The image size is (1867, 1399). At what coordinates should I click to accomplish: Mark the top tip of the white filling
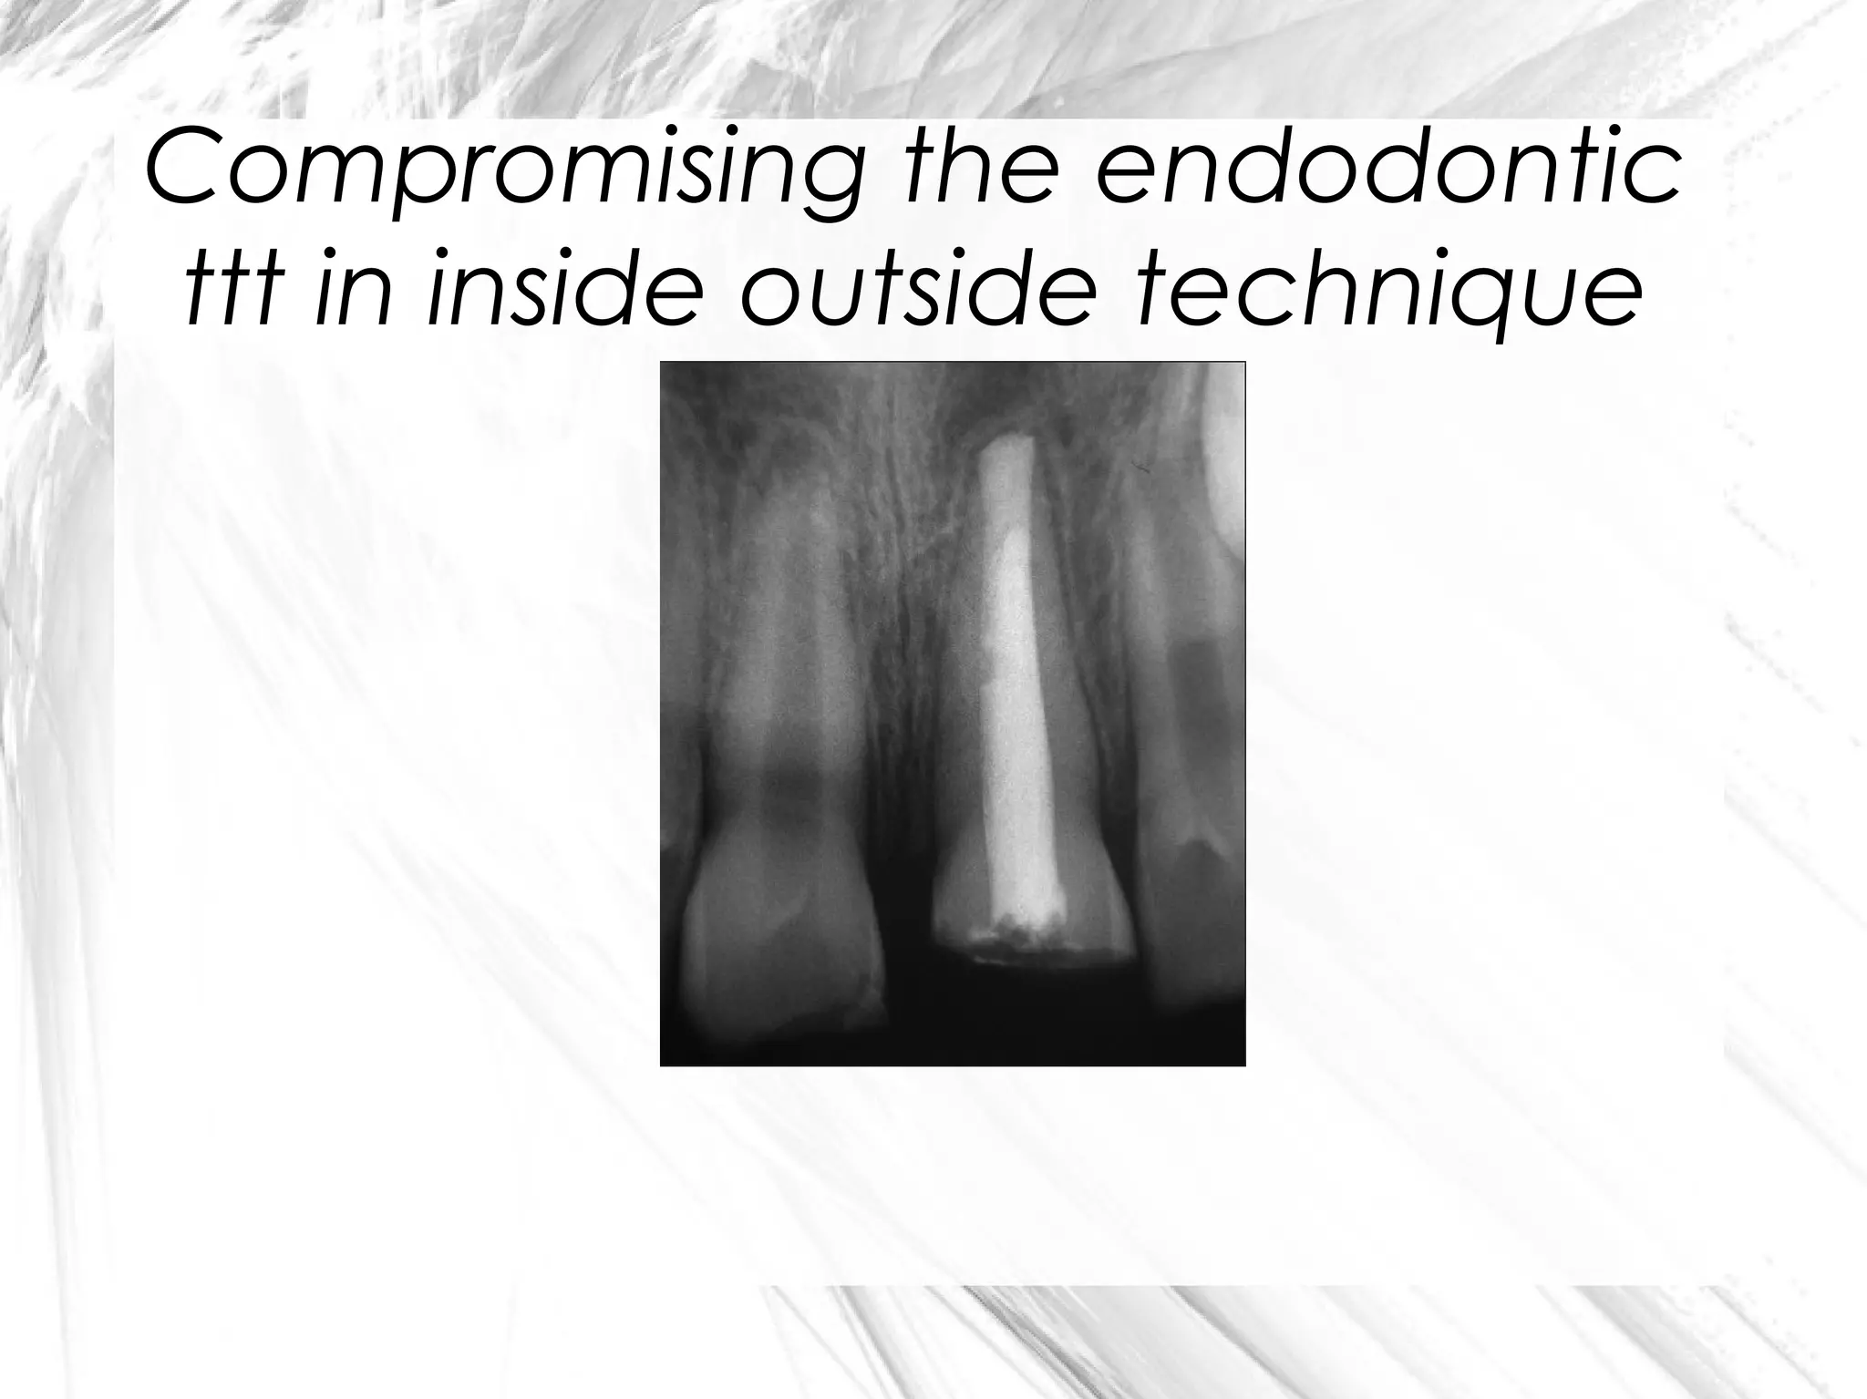click(1006, 441)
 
